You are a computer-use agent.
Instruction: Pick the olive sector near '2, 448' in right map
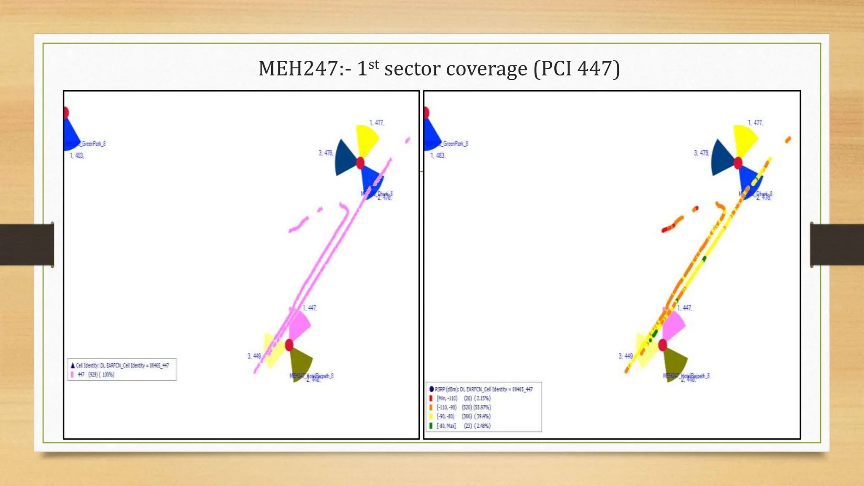point(675,362)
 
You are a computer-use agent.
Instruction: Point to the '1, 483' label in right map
point(437,156)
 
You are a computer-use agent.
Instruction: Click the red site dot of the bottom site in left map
point(289,345)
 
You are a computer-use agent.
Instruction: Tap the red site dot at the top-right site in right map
point(738,163)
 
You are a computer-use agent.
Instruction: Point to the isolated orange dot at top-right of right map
point(788,140)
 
